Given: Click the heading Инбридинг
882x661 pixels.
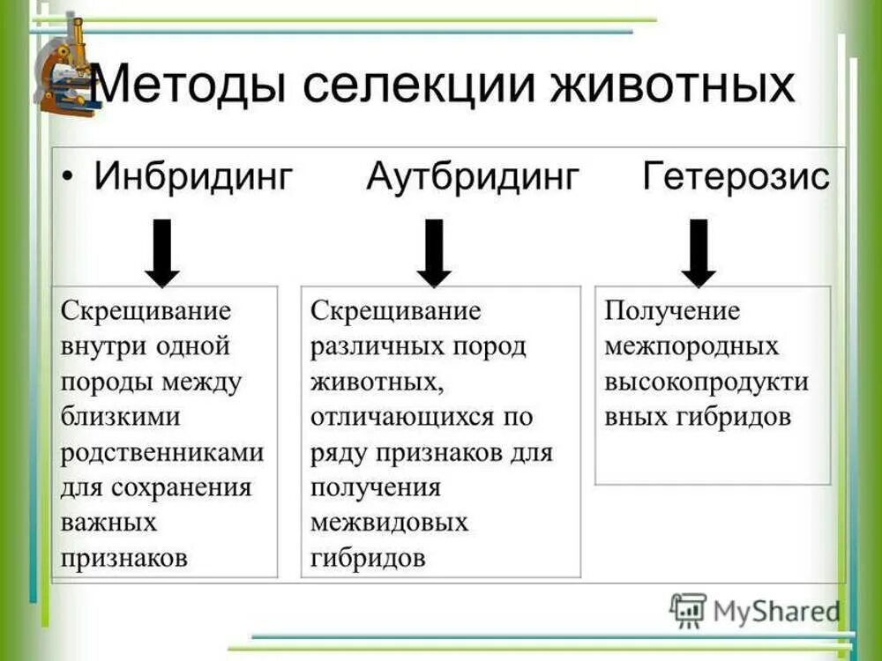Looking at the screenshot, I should (193, 177).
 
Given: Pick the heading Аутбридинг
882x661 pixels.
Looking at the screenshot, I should (473, 177).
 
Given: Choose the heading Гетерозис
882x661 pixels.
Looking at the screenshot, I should (736, 177).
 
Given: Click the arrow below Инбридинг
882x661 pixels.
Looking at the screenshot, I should (161, 253).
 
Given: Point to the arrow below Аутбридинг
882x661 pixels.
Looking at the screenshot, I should (433, 253).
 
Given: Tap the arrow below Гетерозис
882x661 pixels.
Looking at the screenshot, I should (699, 253).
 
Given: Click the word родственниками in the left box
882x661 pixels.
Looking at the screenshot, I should (162, 452).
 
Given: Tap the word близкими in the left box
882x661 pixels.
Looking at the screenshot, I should (120, 417).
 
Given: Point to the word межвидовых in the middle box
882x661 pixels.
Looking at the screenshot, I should (389, 523).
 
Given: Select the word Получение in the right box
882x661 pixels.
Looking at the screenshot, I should (672, 311).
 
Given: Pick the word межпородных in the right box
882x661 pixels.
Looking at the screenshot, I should (691, 346).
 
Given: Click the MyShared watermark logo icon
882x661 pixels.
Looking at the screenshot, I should (688, 609).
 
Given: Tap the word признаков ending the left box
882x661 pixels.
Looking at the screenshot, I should (124, 558).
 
